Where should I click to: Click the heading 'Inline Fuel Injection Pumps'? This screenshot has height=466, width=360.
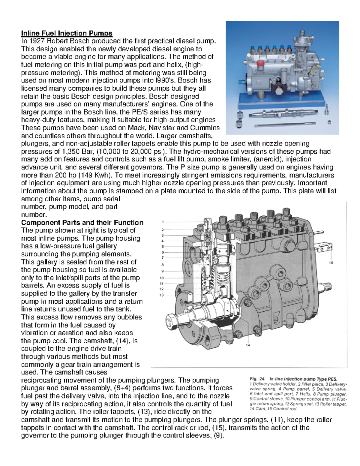click(66, 33)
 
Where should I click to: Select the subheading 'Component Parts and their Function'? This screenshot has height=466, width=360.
click(82, 223)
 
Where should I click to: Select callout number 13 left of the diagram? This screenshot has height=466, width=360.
click(162, 295)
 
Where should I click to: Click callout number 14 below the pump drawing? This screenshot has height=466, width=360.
click(248, 345)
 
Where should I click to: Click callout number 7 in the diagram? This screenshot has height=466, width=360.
click(163, 257)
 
